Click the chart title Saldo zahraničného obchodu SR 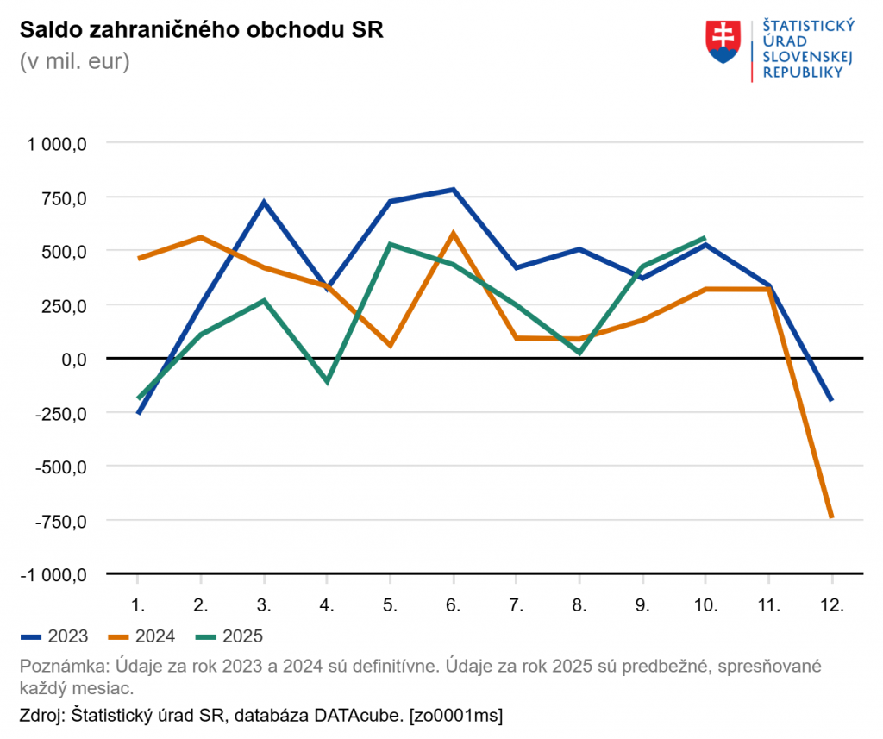pos(201,29)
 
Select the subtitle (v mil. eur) pos(74,62)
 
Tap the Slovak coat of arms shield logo pos(723,41)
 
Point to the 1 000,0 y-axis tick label pos(59,144)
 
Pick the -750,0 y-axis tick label pos(65,521)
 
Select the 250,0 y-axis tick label pos(66,305)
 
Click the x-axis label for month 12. pos(831,604)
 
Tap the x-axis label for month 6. pos(453,604)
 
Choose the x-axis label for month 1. pos(137,604)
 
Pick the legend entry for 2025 pos(228,636)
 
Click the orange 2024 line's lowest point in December pos(831,517)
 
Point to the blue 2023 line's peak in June pos(453,190)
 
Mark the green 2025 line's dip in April pos(327,381)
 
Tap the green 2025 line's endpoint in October pos(705,238)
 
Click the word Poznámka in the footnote pos(56,667)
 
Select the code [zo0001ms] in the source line pos(456,714)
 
